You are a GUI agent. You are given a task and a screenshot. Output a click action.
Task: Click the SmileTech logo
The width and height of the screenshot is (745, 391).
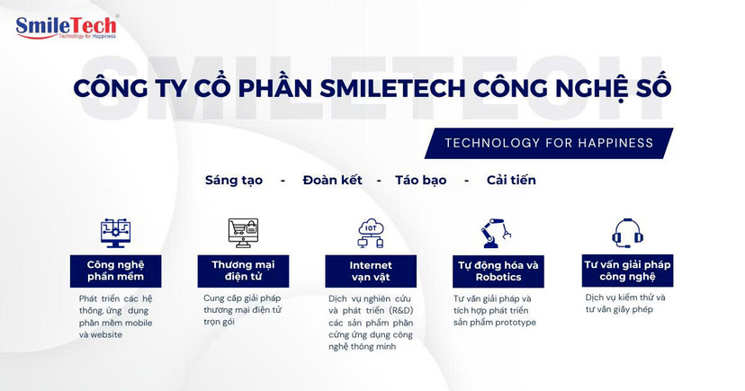(x=67, y=28)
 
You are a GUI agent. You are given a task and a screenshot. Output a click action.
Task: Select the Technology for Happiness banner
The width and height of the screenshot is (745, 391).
(x=549, y=143)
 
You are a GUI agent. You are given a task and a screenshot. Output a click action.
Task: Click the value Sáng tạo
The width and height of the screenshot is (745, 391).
(x=234, y=181)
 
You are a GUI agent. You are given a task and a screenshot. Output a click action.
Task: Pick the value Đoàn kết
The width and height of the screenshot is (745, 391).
(x=333, y=181)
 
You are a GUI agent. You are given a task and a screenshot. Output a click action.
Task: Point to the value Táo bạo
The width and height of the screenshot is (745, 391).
(x=421, y=181)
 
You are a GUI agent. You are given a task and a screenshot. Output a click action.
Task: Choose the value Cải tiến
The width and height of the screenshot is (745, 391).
(x=511, y=181)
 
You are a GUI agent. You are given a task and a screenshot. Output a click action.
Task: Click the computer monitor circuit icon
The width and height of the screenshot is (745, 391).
(x=115, y=233)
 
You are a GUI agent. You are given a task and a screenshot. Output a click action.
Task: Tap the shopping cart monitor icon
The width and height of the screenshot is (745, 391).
(x=243, y=233)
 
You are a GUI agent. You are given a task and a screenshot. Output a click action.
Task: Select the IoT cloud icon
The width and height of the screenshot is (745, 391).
(x=371, y=233)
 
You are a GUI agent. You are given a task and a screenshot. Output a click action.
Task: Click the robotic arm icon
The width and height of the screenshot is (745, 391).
(x=497, y=233)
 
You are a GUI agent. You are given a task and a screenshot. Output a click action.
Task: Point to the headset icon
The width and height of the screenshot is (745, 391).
(x=627, y=233)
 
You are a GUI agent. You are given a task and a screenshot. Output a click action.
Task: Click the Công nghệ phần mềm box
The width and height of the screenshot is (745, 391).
(x=115, y=271)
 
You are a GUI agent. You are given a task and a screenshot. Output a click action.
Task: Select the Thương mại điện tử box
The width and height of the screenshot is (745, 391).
(x=243, y=271)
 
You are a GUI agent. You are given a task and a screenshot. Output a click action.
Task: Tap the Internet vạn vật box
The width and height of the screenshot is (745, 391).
(x=371, y=271)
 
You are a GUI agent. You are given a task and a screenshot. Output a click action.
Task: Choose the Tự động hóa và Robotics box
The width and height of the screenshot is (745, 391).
(x=498, y=271)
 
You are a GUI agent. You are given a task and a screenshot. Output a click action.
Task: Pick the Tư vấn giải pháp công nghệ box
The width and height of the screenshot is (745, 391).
(x=628, y=271)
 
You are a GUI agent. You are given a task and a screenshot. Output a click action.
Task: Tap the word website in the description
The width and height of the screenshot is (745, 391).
(x=106, y=335)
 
